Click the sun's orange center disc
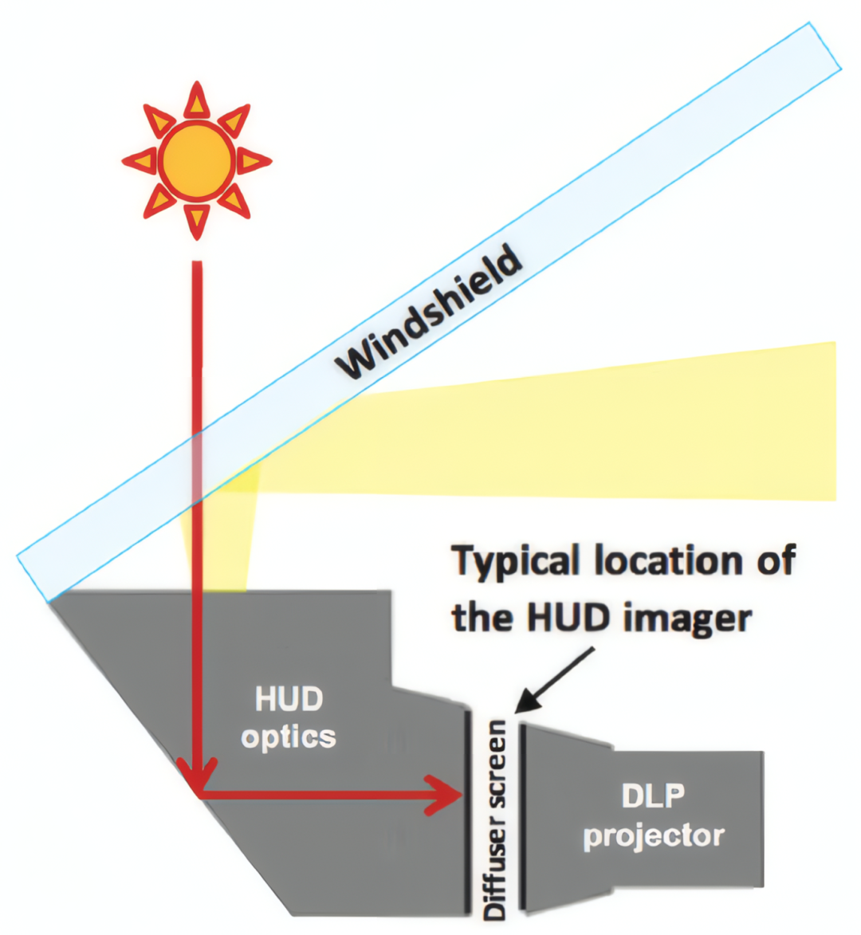coord(196,160)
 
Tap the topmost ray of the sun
coord(196,101)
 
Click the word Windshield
coord(429,314)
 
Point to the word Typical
coord(518,563)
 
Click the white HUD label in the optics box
coord(289,700)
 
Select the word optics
coord(289,737)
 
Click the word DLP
coord(653,796)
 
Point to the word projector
coord(654,835)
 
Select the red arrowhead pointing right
coord(445,795)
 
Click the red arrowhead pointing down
coord(197,777)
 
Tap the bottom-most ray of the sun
coord(196,220)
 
